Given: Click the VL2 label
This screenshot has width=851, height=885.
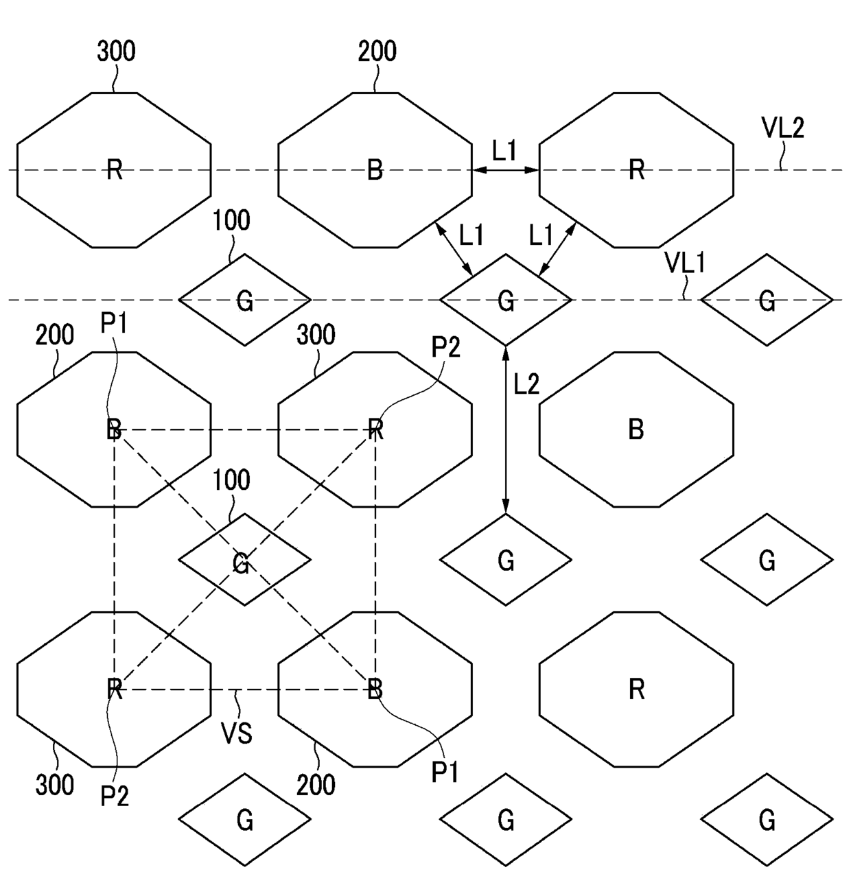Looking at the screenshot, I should (x=782, y=128).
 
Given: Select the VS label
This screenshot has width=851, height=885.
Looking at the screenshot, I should (x=237, y=733).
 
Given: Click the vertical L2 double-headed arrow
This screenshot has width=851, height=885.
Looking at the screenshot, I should (x=506, y=429).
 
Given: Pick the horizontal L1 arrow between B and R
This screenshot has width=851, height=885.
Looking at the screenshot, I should (x=506, y=169).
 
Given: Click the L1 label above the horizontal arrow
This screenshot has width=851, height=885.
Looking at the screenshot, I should (x=504, y=150).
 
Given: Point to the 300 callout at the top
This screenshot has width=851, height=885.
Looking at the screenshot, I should (x=116, y=51).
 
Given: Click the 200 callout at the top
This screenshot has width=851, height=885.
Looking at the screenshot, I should (x=377, y=51).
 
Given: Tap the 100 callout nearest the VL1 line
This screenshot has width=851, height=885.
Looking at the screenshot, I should (x=231, y=221).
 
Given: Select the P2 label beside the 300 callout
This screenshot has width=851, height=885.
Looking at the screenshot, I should (x=445, y=349).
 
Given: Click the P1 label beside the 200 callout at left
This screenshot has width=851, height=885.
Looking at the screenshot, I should (x=114, y=323).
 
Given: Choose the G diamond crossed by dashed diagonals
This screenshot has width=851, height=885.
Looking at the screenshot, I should (x=244, y=560).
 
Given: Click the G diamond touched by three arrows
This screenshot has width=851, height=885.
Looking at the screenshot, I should (x=506, y=300).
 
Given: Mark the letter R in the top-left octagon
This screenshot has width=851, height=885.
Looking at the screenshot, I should (x=115, y=169).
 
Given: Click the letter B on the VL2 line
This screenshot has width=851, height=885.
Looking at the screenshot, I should (x=375, y=169).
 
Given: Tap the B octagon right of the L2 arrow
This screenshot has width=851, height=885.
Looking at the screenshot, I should (x=636, y=429).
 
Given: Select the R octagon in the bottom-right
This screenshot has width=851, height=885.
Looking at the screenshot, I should (x=636, y=689).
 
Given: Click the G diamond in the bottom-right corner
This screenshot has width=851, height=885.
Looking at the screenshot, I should (x=767, y=819).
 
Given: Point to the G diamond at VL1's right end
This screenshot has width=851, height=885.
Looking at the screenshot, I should (x=767, y=300).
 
